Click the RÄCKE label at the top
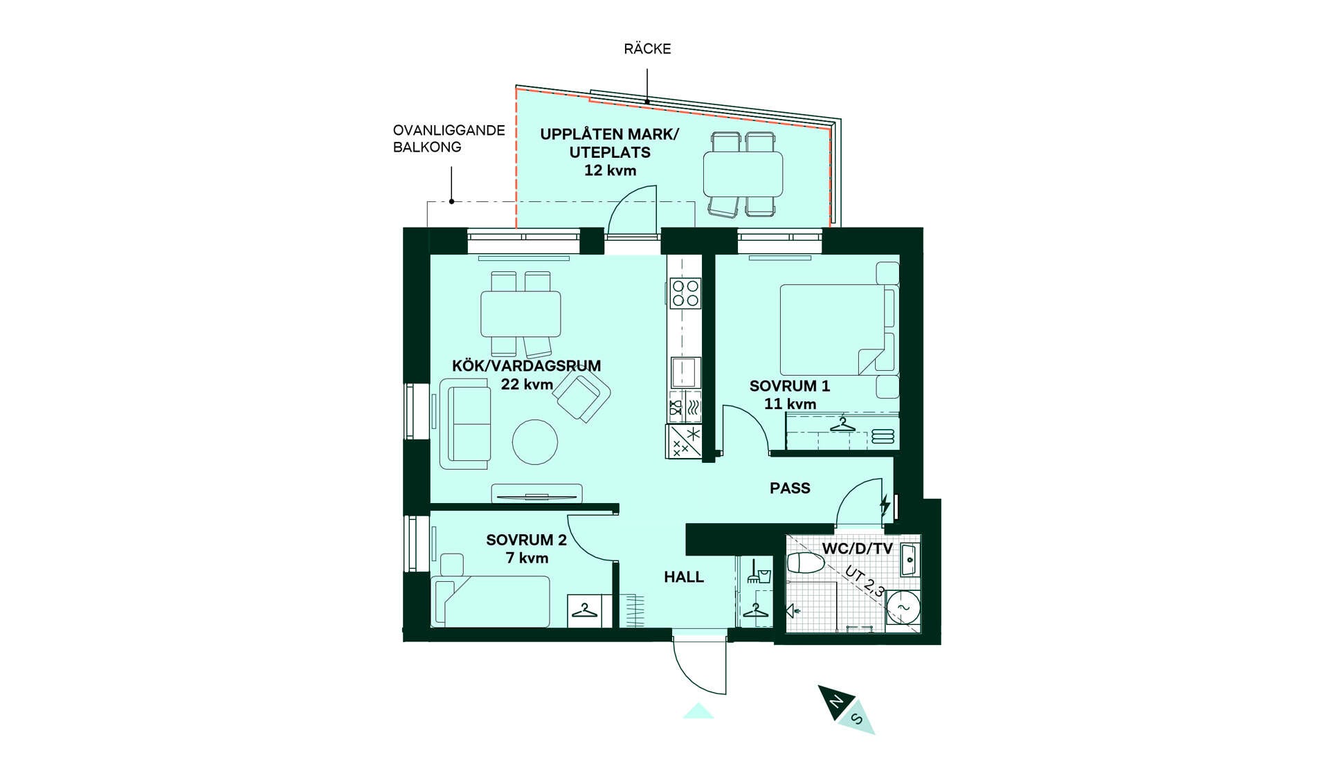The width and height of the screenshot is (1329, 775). point(647,48)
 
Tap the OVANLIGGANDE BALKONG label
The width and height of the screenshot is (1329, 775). point(449,138)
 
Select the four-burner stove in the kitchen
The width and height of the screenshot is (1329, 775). point(685,293)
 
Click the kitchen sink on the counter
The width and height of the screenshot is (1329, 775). point(685,372)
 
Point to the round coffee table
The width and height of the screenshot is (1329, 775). point(535,441)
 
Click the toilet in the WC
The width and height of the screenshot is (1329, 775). point(806,563)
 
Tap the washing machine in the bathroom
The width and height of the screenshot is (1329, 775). point(903,608)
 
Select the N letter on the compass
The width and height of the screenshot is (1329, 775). point(837,702)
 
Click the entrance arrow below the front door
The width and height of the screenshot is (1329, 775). point(698,711)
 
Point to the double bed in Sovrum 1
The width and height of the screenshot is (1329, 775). point(838,329)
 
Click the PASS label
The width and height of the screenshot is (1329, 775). point(790,488)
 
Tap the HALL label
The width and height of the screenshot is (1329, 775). point(684,576)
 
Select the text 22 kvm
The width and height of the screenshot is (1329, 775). point(527,384)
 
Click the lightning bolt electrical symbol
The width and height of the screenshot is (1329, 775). point(885,504)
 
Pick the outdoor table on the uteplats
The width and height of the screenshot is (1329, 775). point(743,174)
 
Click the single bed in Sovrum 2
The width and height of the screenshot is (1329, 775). point(491,602)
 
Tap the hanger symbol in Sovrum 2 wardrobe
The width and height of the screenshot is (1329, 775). point(585,610)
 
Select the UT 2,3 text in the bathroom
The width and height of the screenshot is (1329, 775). point(865,581)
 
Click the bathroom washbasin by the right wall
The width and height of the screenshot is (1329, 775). point(910,560)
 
